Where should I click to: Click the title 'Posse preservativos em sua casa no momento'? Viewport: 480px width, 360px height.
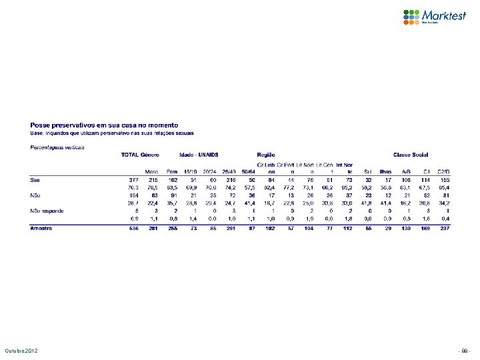point(104,125)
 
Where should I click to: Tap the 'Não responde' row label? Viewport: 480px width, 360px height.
point(47,210)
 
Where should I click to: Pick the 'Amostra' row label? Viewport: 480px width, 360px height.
point(42,228)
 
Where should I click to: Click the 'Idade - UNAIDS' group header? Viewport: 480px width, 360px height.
point(199,155)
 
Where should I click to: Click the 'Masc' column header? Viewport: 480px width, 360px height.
point(152,171)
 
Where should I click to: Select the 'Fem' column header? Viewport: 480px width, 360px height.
point(171,171)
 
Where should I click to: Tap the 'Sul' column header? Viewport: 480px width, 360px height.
point(368,171)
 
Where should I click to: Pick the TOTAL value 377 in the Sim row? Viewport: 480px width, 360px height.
point(133,179)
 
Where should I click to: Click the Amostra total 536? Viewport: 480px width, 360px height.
point(133,228)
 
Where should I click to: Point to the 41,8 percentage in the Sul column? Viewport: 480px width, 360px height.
point(367,202)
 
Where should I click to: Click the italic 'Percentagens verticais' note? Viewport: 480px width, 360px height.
point(57,146)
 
